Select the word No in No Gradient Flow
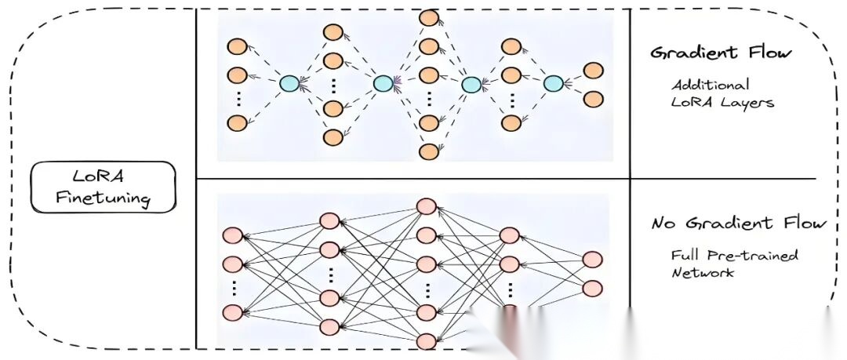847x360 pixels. tap(665, 224)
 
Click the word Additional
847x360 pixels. tap(710, 85)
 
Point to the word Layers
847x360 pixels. tap(746, 103)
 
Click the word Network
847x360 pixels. tap(703, 273)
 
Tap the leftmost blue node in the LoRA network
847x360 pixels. tap(289, 83)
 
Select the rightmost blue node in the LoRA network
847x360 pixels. tap(554, 83)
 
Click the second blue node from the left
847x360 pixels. tap(383, 83)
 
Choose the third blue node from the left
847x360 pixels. tap(471, 84)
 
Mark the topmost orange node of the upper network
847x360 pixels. tap(428, 17)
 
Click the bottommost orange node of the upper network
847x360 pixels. tap(428, 151)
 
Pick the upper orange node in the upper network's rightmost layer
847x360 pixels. tap(594, 70)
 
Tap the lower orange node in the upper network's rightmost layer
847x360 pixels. tap(594, 99)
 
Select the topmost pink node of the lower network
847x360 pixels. tap(427, 206)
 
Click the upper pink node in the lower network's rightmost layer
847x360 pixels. tap(592, 259)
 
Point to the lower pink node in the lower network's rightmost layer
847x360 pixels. tap(592, 287)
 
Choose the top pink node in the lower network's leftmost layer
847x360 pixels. tap(232, 235)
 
